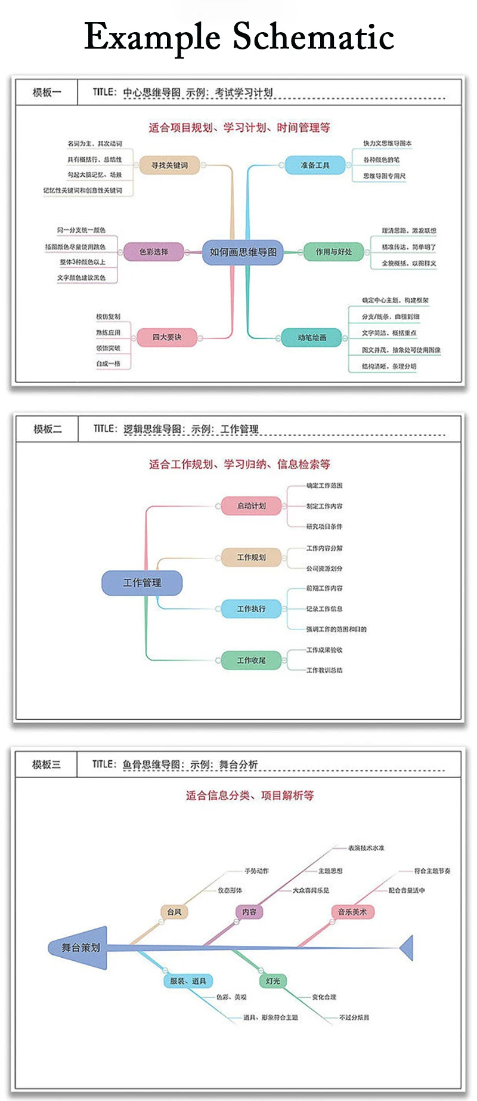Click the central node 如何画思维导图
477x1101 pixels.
(243, 252)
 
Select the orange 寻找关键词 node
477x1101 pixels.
(169, 165)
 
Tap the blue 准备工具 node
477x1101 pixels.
(315, 165)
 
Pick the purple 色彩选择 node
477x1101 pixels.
(154, 252)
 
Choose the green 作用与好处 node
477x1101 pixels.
(333, 252)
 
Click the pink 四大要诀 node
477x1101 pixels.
(167, 337)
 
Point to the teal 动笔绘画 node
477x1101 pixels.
(312, 337)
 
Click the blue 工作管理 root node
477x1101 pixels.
(142, 582)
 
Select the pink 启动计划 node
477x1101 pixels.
(251, 506)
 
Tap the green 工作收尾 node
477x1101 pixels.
(251, 661)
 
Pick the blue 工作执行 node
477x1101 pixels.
(251, 609)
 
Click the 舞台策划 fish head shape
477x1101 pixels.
(80, 948)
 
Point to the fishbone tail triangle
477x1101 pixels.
(407, 948)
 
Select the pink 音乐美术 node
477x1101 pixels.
(352, 912)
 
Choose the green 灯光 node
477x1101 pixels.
(273, 981)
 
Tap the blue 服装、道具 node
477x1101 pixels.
(188, 981)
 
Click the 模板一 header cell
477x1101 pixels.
(47, 92)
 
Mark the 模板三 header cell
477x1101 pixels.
(47, 764)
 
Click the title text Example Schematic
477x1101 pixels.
(238, 37)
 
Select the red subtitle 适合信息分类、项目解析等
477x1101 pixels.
(249, 795)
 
